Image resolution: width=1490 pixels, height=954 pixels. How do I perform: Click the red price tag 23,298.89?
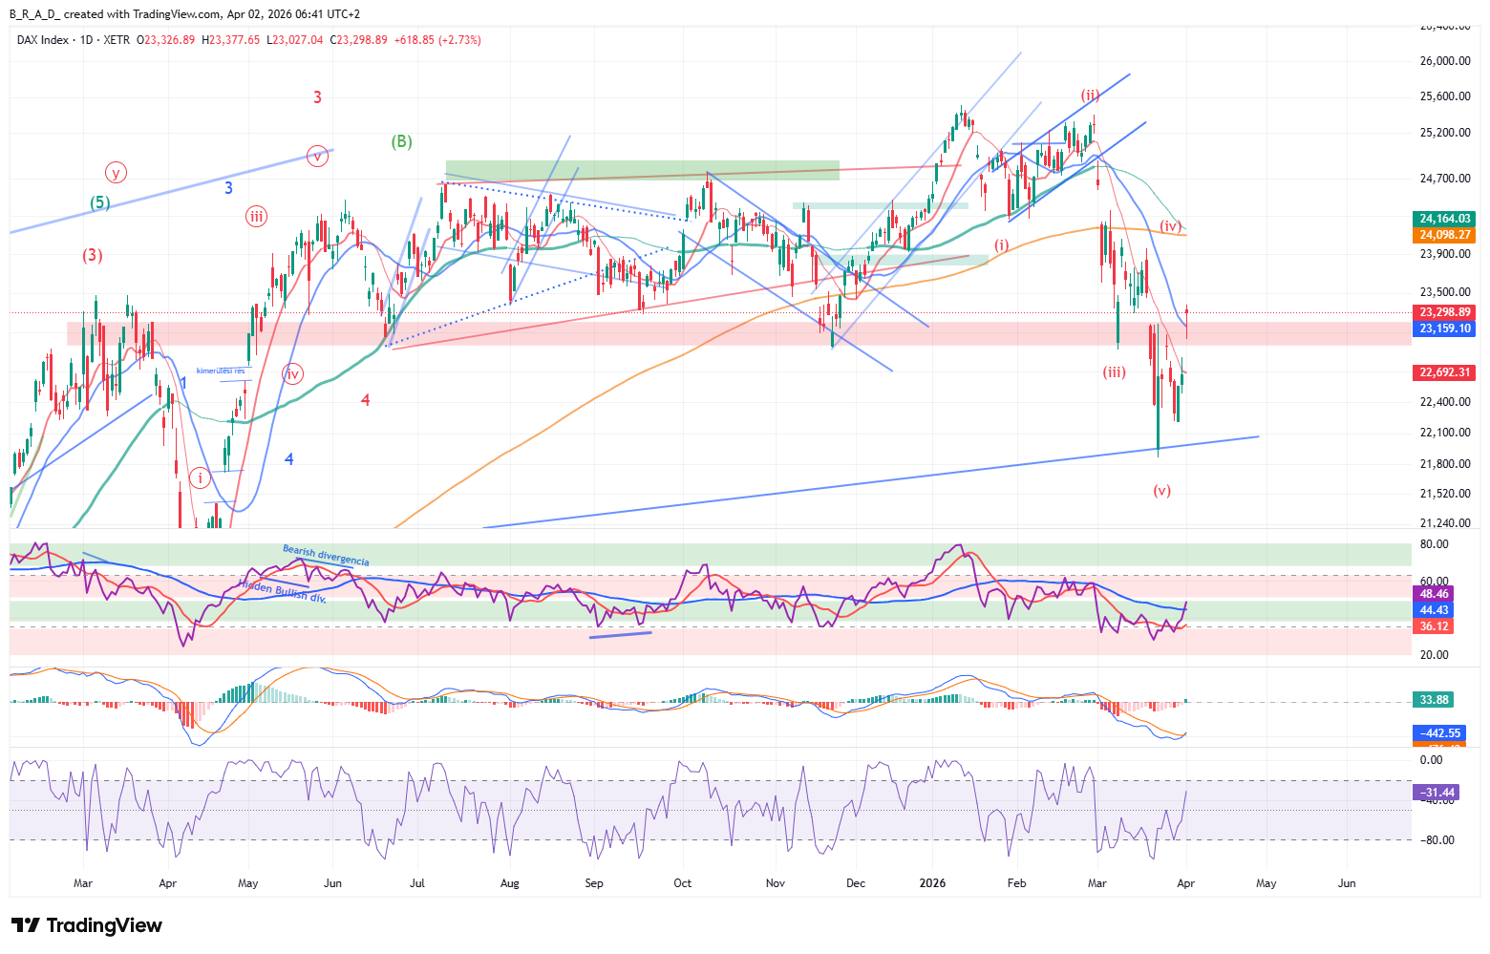tap(1445, 312)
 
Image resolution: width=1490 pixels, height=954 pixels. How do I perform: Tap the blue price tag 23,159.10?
tap(1445, 329)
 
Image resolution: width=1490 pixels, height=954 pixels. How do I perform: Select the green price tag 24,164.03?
tap(1445, 219)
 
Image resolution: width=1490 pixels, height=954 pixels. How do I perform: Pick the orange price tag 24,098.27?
tap(1445, 235)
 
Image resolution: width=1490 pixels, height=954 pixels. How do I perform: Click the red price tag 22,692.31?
tap(1445, 372)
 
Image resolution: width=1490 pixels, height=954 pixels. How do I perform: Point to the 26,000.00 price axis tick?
tap(1444, 61)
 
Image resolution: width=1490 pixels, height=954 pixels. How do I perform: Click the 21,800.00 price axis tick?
tap(1444, 464)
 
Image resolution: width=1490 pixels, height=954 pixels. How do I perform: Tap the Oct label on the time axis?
tap(682, 883)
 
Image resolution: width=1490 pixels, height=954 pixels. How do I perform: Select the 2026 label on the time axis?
tap(932, 883)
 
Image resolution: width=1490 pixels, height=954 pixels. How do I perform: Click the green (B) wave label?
tap(401, 141)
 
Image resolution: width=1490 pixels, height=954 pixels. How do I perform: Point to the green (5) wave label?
tap(100, 202)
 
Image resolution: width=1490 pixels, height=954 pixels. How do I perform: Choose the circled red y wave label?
tap(116, 173)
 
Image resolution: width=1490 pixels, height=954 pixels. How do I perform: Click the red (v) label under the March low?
tap(1161, 491)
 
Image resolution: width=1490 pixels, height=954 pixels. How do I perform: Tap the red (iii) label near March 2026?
tap(1114, 372)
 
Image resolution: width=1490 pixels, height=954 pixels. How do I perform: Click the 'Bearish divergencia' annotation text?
tap(326, 555)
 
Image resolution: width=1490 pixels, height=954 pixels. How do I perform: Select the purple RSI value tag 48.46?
tap(1434, 594)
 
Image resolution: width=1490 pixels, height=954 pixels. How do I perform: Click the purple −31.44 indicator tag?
tap(1436, 793)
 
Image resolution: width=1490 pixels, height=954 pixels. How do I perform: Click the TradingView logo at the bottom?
tap(87, 925)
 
